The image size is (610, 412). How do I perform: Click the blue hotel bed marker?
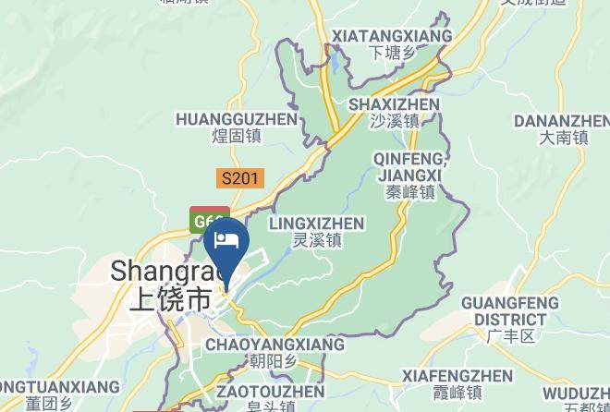pyautogui.click(x=226, y=242)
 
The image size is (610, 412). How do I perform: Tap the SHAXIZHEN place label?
pyautogui.click(x=394, y=104)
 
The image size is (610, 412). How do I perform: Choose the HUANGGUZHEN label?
pyautogui.click(x=237, y=119)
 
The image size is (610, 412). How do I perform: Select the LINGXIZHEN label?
pyautogui.click(x=316, y=224)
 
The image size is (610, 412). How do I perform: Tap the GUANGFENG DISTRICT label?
pyautogui.click(x=510, y=310)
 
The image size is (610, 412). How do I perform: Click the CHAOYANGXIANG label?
pyautogui.click(x=274, y=345)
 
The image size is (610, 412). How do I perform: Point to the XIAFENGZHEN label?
pyautogui.click(x=457, y=376)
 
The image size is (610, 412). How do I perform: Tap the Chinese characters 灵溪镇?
pyautogui.click(x=317, y=240)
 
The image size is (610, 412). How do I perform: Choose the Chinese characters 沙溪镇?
pyautogui.click(x=395, y=121)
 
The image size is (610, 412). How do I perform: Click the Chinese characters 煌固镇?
pyautogui.click(x=237, y=137)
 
